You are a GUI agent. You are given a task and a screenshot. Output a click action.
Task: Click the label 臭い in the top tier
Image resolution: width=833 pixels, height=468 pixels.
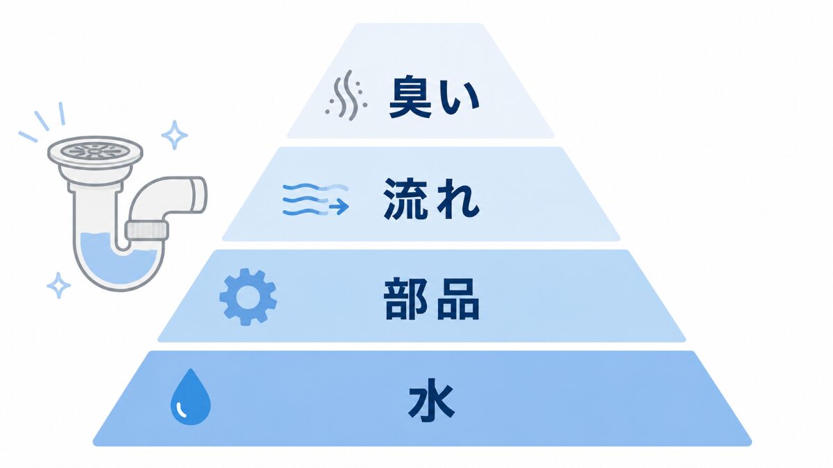[434, 97]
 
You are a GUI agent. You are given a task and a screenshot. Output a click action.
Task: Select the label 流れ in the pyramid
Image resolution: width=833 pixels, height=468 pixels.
[431, 198]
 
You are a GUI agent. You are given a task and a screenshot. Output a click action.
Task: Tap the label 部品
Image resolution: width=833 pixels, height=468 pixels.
[432, 299]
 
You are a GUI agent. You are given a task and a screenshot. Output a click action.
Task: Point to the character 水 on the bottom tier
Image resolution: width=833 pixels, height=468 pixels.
[431, 399]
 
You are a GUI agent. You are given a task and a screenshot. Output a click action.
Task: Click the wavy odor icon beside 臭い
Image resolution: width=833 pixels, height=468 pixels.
[346, 95]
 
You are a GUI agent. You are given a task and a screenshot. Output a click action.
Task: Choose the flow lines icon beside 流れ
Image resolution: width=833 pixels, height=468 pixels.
[315, 200]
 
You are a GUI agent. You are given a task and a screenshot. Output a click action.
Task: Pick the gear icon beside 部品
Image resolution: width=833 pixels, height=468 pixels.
[248, 297]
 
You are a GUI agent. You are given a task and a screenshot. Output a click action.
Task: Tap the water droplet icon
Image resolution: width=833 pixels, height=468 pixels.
[190, 397]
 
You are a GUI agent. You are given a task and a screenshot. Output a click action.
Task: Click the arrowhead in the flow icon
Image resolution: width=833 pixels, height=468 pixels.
[342, 207]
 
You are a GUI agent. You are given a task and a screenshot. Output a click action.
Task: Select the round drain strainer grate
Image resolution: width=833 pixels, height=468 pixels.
[95, 151]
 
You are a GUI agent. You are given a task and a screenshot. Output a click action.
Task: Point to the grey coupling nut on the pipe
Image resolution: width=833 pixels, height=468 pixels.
[147, 230]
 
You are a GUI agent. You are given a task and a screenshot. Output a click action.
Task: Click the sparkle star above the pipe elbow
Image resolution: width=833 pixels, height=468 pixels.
[174, 135]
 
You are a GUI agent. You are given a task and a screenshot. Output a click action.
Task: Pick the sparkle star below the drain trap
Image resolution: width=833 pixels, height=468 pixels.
[58, 285]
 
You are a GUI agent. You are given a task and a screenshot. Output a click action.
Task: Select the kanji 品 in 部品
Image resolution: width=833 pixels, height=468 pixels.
[459, 300]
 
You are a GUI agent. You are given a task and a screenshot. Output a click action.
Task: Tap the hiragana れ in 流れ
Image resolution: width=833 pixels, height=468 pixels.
[457, 200]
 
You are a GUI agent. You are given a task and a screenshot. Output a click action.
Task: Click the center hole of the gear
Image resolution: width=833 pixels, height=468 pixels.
[248, 297]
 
